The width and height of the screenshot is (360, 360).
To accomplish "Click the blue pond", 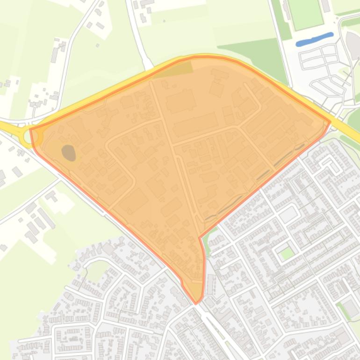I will click(x=315, y=39).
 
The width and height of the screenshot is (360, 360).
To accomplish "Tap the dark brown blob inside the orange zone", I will click(x=69, y=152).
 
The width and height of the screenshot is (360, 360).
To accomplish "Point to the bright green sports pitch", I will click(x=305, y=14).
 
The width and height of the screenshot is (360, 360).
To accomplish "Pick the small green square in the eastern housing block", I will click(x=287, y=254).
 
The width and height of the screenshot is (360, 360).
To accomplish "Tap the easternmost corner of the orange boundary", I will click(x=330, y=122).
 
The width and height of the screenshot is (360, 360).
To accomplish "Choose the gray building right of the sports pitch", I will click(x=326, y=6).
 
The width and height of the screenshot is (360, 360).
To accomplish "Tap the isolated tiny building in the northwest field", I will click(x=98, y=45).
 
